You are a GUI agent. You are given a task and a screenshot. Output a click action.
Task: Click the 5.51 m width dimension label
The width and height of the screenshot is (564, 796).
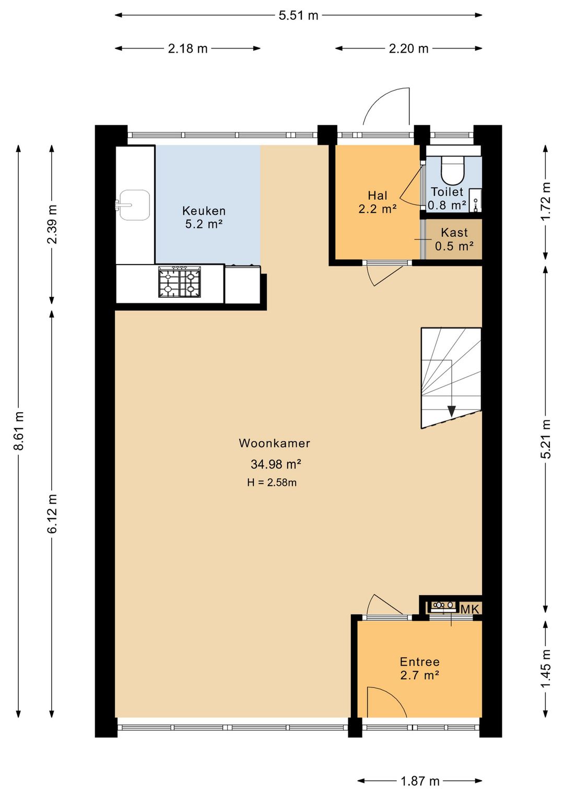point(298,15)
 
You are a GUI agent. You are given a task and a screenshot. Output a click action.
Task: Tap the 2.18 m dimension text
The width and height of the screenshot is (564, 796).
point(187,49)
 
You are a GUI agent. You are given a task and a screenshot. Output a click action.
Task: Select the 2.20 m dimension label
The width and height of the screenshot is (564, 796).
point(408,49)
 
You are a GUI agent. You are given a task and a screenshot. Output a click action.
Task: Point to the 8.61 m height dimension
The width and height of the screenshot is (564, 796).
point(18,431)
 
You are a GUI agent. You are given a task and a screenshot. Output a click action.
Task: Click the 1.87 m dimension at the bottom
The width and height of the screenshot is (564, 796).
point(420,781)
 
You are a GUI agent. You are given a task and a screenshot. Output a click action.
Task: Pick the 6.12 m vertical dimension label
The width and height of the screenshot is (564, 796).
point(52,514)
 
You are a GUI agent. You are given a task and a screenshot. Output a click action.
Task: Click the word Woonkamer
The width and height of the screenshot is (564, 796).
point(274,443)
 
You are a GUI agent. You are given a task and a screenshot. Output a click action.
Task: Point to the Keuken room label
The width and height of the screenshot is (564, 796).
point(204,211)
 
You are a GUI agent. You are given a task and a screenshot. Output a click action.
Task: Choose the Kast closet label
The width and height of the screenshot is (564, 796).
point(454,233)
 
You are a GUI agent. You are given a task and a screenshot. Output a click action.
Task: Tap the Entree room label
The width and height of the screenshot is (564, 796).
point(419,661)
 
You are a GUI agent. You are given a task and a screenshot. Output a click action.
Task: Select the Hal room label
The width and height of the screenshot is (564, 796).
point(378,195)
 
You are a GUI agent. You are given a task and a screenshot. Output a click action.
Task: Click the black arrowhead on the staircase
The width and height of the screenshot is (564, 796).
point(452,411)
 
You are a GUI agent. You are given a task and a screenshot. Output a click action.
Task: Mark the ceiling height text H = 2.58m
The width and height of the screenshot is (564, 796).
point(272,482)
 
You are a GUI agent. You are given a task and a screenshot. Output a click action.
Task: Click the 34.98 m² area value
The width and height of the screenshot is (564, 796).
point(276,464)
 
